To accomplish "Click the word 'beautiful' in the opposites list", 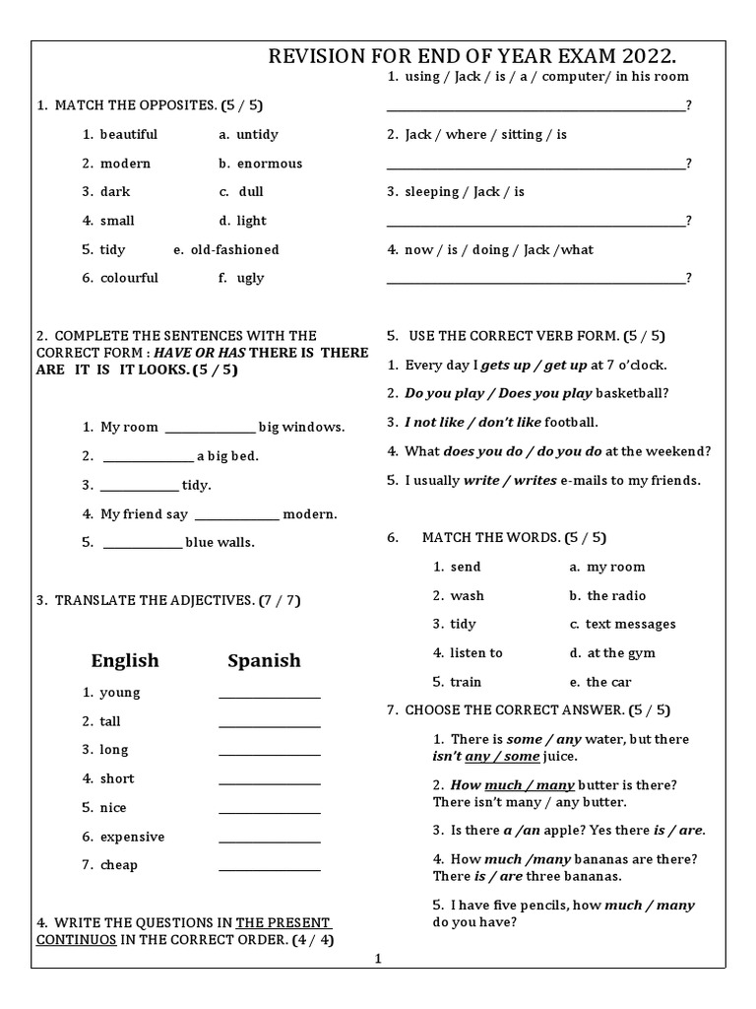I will (x=128, y=134).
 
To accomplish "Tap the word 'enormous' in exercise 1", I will (x=269, y=164).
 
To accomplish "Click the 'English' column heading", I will (x=125, y=660).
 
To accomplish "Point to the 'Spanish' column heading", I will (x=264, y=660).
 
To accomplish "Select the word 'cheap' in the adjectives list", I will (x=119, y=865).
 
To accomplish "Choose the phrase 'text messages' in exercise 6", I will (x=630, y=624).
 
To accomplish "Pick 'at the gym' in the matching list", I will (x=620, y=652).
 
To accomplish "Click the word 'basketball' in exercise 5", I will (x=632, y=393).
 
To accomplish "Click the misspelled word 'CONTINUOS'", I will (x=78, y=939).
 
